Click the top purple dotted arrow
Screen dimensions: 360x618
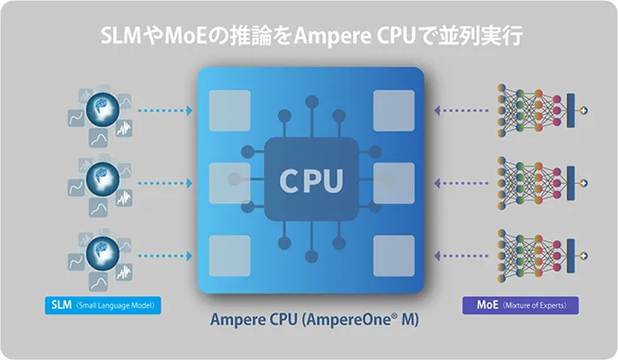tap(459, 111)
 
